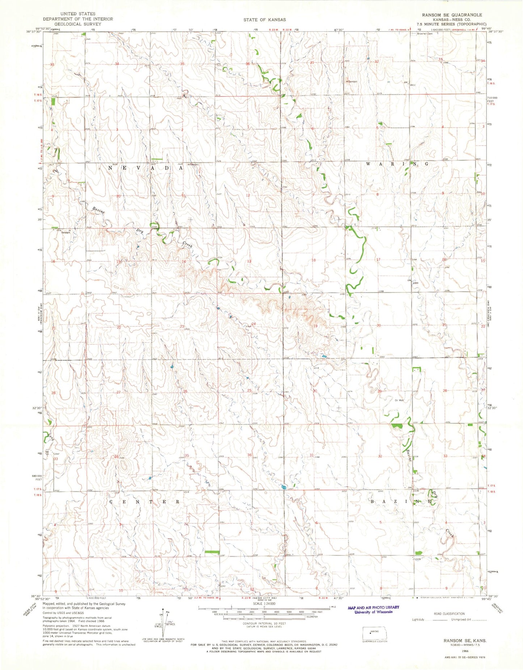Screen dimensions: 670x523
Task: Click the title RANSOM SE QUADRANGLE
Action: click(x=452, y=15)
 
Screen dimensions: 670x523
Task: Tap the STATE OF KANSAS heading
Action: click(x=264, y=20)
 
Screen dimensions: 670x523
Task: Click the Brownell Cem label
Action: click(x=425, y=34)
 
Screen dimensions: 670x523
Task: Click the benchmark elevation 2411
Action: click(x=412, y=85)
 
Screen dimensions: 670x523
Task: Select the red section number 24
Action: click(x=254, y=324)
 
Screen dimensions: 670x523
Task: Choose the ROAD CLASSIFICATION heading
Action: click(x=449, y=614)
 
